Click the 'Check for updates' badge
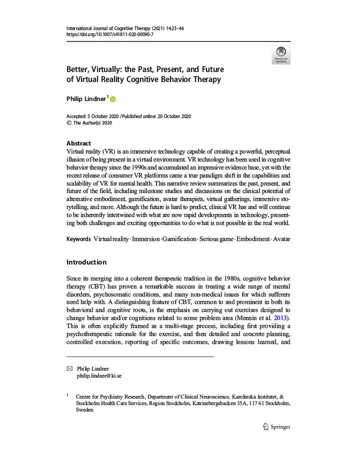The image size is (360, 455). click(280, 54)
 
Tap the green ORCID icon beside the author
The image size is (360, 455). click(112, 99)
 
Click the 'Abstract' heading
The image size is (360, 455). click(78, 143)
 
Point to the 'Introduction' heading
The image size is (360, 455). click(86, 262)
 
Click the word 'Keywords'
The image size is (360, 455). click(78, 239)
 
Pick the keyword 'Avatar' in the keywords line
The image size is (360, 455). click(281, 239)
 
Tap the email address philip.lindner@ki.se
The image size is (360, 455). click(98, 376)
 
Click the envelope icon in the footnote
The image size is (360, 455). click(69, 368)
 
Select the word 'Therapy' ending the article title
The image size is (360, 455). click(207, 79)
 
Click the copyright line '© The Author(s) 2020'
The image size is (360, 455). click(89, 123)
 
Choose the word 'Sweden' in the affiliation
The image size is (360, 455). click(84, 409)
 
